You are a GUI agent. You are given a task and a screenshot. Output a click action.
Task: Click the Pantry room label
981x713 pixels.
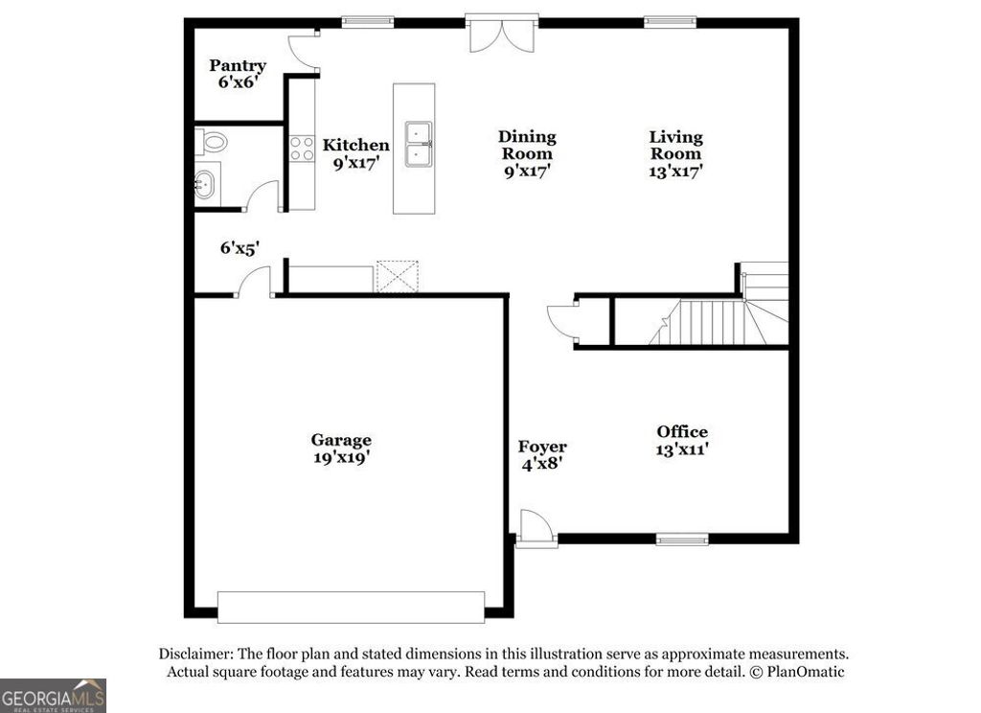pyautogui.click(x=238, y=74)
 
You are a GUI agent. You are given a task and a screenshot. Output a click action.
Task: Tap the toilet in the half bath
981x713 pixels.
pyautogui.click(x=215, y=144)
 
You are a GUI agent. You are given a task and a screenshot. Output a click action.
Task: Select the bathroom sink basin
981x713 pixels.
pyautogui.click(x=205, y=182)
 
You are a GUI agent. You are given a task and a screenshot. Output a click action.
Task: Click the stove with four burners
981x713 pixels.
pyautogui.click(x=303, y=148)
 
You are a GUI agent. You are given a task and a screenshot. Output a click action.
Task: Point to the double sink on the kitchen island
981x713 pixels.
pyautogui.click(x=417, y=145)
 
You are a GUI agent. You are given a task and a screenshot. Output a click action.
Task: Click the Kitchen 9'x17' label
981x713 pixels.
pyautogui.click(x=355, y=153)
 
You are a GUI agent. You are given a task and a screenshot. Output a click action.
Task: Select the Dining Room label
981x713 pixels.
pyautogui.click(x=527, y=153)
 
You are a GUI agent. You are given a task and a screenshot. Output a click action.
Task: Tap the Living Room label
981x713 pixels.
pyautogui.click(x=675, y=153)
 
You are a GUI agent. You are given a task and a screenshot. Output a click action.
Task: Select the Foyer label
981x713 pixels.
pyautogui.click(x=542, y=454)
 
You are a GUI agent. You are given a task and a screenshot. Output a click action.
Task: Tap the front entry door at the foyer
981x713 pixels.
pyautogui.click(x=533, y=528)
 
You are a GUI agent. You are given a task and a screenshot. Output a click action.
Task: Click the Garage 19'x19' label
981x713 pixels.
pyautogui.click(x=341, y=448)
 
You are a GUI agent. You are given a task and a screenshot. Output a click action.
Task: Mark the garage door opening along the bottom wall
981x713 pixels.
pyautogui.click(x=351, y=607)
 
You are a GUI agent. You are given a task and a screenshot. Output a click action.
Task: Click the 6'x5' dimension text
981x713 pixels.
pyautogui.click(x=240, y=248)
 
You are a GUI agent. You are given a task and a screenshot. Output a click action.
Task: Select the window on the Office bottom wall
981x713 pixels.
pyautogui.click(x=682, y=538)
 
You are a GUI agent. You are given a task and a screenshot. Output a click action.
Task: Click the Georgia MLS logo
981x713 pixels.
pyautogui.click(x=54, y=695)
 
